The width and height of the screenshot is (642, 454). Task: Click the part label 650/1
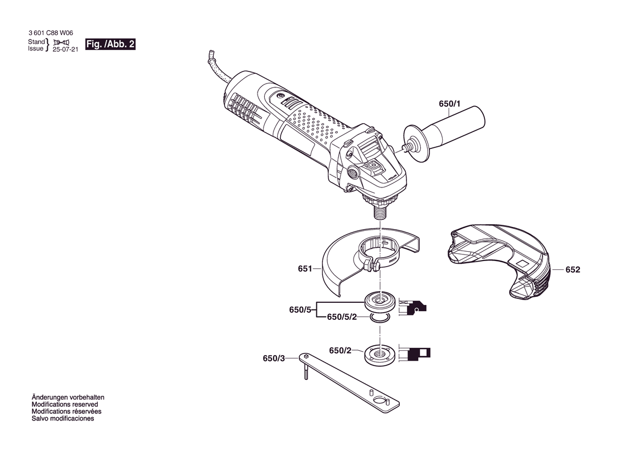pos(450,104)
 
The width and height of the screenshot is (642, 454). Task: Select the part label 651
pos(305,269)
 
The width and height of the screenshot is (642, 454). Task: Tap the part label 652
pos(573,270)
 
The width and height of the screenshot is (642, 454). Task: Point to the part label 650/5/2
pos(342,317)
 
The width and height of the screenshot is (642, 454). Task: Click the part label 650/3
pos(273,358)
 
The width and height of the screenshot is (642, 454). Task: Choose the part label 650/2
pos(340,351)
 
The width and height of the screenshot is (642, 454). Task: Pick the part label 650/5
pos(300,310)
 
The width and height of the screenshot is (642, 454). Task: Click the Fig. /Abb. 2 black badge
pos(110,45)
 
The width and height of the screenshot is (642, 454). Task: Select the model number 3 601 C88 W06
pos(51,33)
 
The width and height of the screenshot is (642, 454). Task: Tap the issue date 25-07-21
pos(65,49)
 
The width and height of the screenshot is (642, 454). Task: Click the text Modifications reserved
pos(65,405)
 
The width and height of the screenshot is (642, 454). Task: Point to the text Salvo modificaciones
pos(63,418)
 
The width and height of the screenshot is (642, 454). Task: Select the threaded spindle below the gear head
pos(381,212)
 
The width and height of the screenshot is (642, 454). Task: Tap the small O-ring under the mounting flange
pos(379,318)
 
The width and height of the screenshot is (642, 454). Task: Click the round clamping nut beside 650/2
pos(380,355)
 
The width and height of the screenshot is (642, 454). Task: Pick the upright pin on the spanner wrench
pos(306,371)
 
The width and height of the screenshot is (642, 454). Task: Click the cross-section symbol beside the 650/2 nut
pos(415,353)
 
